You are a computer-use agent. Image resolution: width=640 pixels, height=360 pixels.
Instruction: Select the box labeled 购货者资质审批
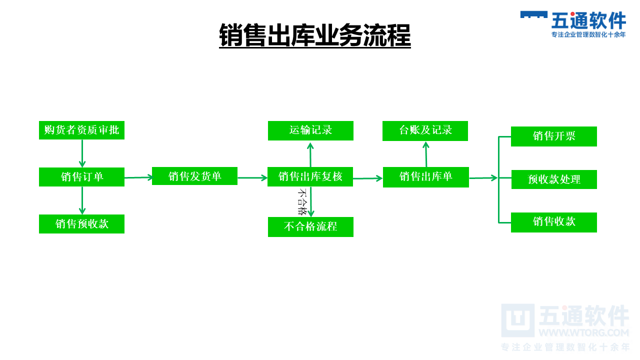point(81,130)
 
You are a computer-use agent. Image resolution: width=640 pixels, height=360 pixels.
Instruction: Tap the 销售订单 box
point(81,177)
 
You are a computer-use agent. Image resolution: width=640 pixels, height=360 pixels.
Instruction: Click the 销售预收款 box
point(81,224)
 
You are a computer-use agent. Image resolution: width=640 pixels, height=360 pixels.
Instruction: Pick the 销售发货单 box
point(194,176)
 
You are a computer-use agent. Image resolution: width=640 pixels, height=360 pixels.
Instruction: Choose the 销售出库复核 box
point(310,176)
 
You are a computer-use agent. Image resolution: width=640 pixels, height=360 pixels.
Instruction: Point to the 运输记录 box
point(310,130)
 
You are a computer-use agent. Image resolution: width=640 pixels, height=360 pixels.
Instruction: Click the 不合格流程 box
point(310,226)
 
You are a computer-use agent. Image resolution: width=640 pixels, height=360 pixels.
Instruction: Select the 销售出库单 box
point(425,177)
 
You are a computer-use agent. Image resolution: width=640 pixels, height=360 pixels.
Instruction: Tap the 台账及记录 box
point(425,130)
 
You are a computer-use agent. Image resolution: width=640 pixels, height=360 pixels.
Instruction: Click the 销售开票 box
point(553,136)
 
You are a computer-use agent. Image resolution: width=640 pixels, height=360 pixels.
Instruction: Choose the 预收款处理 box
point(553,179)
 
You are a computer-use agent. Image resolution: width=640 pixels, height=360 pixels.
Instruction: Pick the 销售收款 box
point(553,222)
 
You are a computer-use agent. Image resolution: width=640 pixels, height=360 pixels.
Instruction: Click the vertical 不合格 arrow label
point(301,201)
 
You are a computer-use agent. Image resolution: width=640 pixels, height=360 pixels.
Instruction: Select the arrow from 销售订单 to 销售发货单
point(138,177)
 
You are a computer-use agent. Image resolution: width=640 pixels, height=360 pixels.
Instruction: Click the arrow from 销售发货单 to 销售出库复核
point(252,177)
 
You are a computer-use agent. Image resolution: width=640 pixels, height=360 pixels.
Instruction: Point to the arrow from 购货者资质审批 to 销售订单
point(82,153)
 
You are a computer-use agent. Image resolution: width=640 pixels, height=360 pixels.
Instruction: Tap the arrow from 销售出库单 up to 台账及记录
point(426,154)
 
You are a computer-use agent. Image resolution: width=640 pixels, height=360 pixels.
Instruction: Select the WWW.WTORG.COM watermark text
point(583,332)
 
